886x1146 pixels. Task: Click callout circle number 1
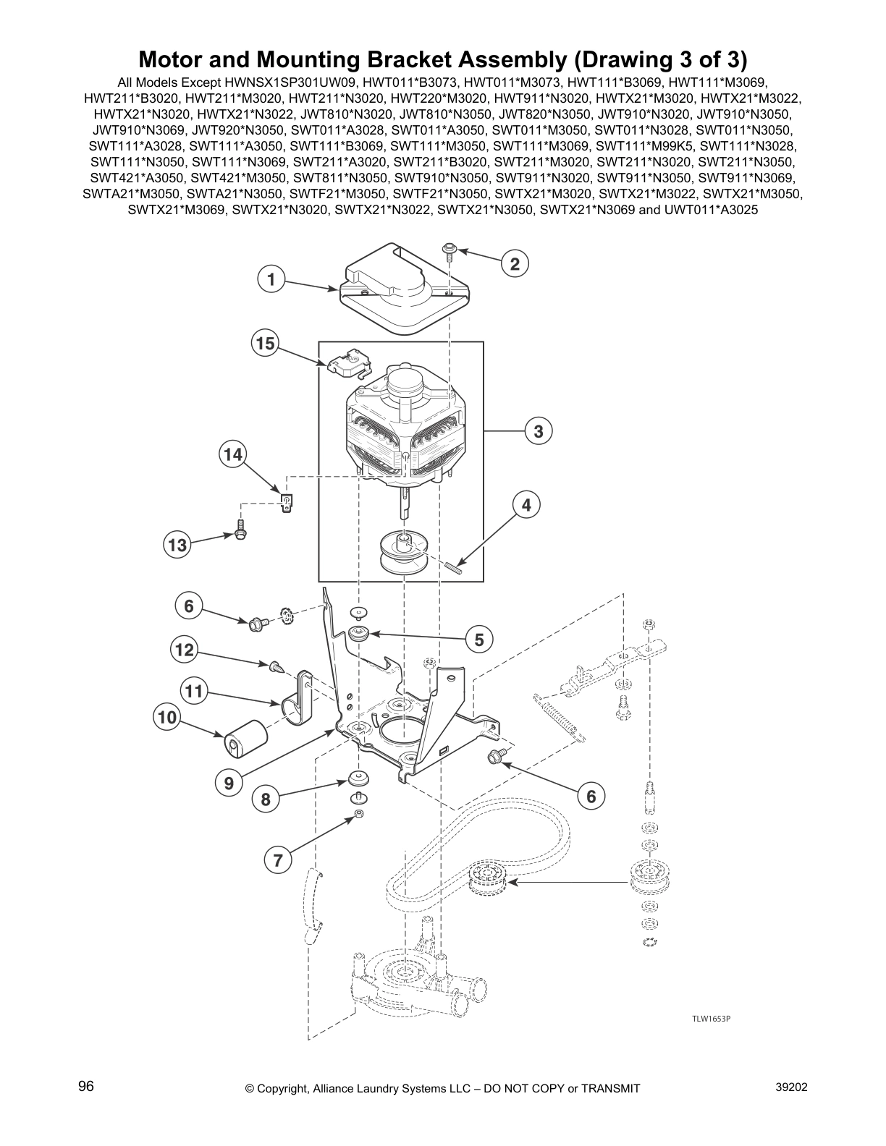click(271, 279)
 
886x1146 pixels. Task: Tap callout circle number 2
click(515, 263)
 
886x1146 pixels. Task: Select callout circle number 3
click(538, 432)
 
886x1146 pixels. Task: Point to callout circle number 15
click(265, 343)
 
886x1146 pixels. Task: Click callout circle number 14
click(232, 454)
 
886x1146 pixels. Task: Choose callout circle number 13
click(177, 545)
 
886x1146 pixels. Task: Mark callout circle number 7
click(277, 860)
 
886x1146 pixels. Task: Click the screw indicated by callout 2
click(449, 251)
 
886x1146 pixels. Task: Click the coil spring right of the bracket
click(561, 718)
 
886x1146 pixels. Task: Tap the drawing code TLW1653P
click(710, 1019)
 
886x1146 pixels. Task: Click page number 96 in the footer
click(86, 1087)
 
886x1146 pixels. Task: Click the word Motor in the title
click(169, 58)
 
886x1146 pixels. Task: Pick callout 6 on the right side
click(590, 796)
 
